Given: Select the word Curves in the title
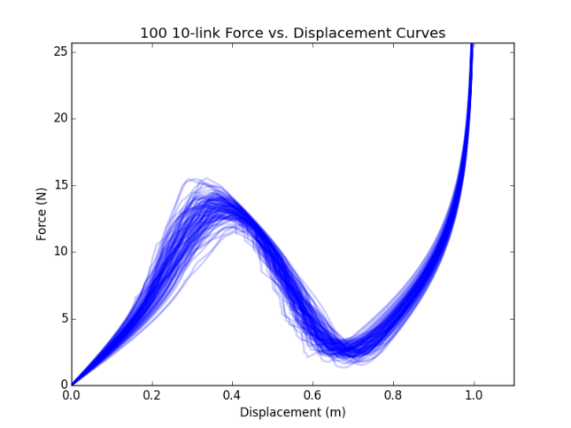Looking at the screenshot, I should pos(421,34).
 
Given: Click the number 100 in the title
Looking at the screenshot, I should pos(153,34).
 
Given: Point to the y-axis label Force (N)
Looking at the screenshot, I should pos(42,214).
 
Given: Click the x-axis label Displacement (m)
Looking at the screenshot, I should pos(292,412).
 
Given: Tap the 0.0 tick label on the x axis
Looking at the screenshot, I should pos(72,396).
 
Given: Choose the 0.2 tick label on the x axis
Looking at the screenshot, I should pos(152,396).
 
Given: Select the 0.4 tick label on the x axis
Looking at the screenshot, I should pos(233,396).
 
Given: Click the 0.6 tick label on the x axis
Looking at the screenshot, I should pos(313,396).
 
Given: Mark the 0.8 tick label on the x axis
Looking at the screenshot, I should pos(393,396).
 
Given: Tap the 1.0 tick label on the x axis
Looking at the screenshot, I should pos(474,396).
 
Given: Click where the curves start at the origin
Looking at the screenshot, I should pos(73,384).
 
